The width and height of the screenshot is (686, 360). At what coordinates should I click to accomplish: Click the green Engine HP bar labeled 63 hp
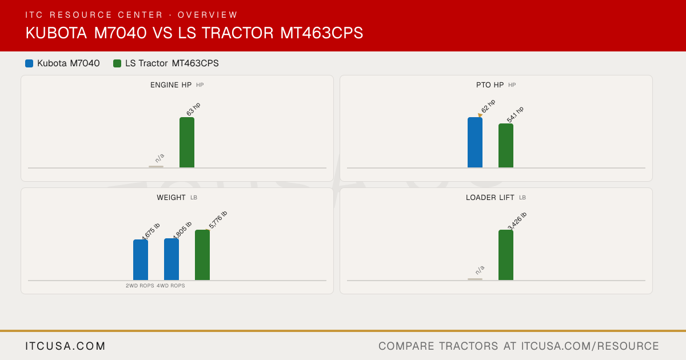click(187, 142)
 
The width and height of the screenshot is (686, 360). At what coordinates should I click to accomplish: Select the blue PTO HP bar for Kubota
click(475, 142)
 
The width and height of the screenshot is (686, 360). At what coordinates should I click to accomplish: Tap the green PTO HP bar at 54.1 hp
click(506, 146)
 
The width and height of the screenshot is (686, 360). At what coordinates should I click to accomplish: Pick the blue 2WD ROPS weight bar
click(141, 260)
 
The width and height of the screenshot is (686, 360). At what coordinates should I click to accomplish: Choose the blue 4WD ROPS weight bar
click(171, 259)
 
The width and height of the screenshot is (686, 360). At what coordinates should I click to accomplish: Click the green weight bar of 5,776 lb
click(202, 255)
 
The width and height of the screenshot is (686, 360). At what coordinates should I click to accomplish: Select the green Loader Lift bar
click(506, 255)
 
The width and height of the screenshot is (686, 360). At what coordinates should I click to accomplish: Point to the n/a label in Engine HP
click(159, 158)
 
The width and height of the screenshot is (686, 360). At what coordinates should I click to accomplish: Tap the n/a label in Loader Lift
click(480, 270)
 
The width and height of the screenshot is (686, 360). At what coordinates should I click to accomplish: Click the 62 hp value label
click(488, 106)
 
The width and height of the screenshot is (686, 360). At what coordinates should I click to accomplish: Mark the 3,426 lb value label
click(517, 221)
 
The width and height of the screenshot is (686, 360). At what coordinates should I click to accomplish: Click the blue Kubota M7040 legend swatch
click(29, 63)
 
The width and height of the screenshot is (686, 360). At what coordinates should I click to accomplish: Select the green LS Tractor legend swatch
click(117, 63)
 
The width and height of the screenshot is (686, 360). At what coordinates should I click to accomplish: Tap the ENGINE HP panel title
click(171, 85)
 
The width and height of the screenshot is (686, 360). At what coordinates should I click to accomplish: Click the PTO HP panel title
click(490, 85)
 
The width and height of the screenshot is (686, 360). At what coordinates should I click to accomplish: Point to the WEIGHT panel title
click(171, 198)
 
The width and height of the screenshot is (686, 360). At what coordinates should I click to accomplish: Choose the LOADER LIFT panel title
click(490, 198)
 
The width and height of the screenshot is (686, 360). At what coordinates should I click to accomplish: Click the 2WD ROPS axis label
click(140, 286)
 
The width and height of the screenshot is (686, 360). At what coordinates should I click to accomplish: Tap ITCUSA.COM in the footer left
click(65, 346)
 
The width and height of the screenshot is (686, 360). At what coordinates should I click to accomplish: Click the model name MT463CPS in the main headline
click(321, 33)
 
